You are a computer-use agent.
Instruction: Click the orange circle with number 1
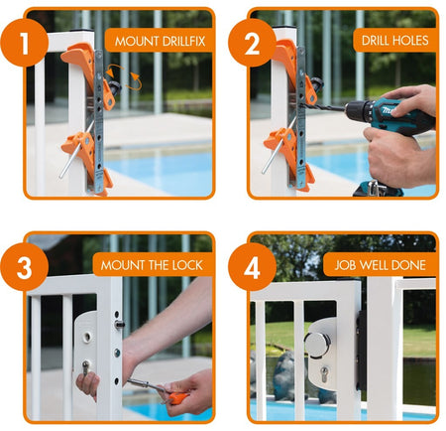point(24,43)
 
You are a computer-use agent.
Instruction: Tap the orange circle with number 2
point(252,43)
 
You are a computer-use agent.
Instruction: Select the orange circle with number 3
point(24,267)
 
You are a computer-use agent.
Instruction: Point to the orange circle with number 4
point(252,267)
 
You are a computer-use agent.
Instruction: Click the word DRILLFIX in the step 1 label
point(182,42)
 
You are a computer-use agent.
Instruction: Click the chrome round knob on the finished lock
point(317,345)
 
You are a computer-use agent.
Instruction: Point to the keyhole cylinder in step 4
point(324,374)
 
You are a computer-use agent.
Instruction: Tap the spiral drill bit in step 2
point(323,106)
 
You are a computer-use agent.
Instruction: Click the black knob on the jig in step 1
point(115,87)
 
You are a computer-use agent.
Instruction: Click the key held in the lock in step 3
point(85,367)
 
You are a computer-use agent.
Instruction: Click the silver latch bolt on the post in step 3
point(119,325)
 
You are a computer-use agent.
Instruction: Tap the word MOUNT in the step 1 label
point(137,42)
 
